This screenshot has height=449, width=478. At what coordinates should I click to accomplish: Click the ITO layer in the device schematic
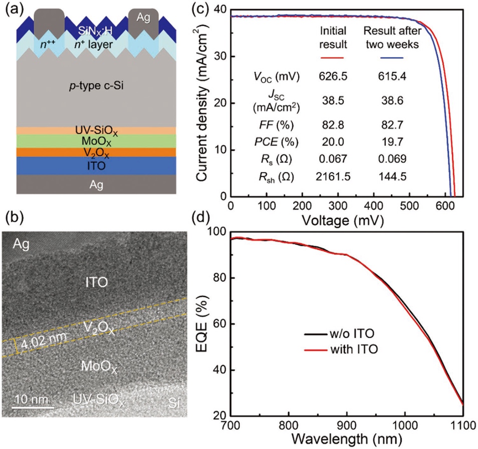tap(95, 166)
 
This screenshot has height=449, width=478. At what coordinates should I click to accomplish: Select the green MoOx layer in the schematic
tap(95, 141)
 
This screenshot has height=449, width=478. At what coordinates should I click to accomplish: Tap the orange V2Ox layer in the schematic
tap(95, 152)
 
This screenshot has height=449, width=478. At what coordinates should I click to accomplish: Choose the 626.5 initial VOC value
tap(331, 78)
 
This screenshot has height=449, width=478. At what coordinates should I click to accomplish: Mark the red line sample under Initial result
tap(331, 58)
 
